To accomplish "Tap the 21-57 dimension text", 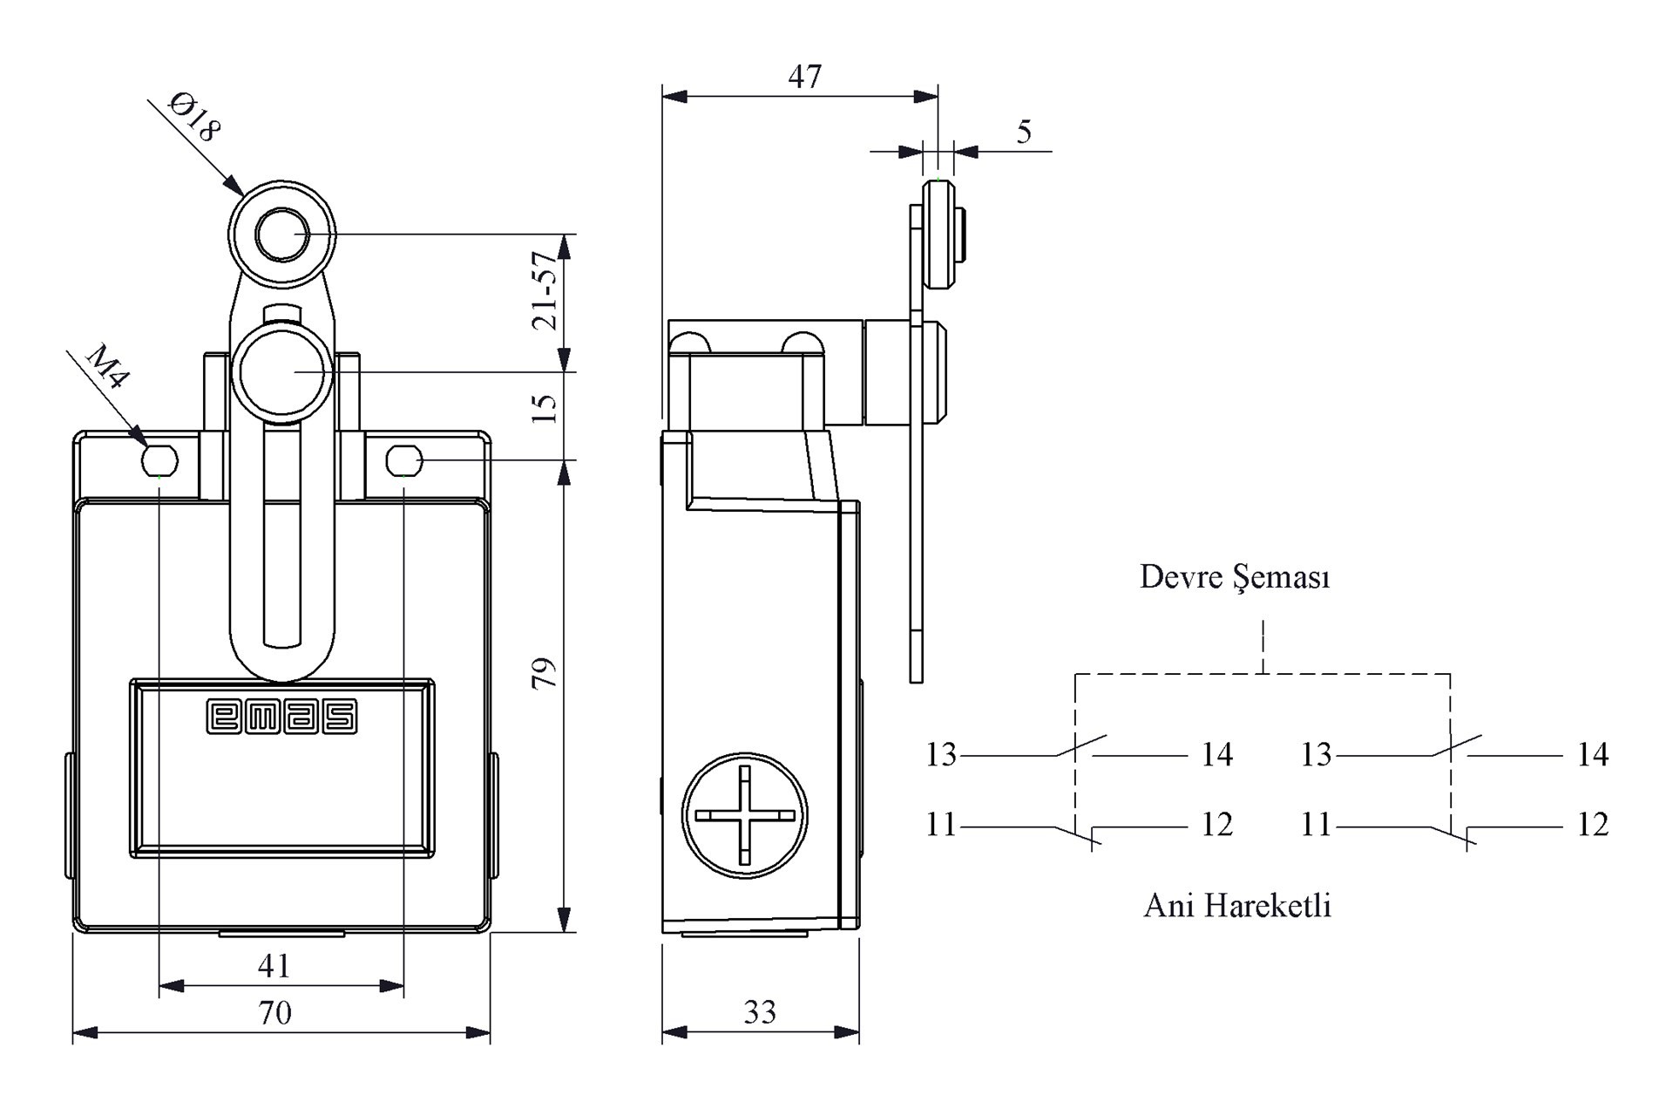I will point(545,290).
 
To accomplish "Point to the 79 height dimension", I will point(545,673).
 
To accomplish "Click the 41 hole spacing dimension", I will point(274,966).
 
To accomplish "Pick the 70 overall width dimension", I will point(274,1012).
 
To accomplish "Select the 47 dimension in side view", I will point(804,77).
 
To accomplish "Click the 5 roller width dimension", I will point(1024,133).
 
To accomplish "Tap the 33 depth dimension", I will point(760,1011).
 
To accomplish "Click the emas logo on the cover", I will point(281,717).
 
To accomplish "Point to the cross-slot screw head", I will point(744,815).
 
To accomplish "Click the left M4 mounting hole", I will point(159,459).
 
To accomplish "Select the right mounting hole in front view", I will point(404,459).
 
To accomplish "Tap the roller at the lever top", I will point(281,235).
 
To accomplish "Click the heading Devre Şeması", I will point(1235,577).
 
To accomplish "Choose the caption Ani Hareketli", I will point(1237,906).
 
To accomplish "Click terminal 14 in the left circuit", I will point(1216,754).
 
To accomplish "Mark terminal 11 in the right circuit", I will point(1316,824).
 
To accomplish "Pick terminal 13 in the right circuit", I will point(1316,754).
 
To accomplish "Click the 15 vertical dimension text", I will point(545,408).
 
